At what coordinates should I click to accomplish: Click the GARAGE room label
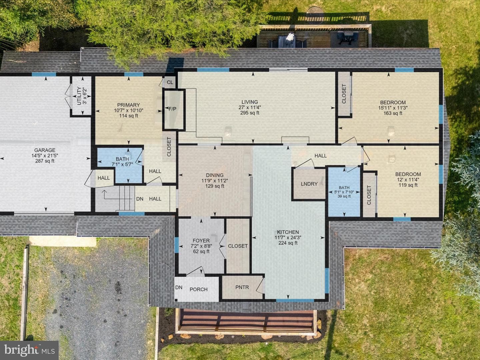(x=45, y=150)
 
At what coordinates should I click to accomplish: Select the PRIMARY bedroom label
(x=128, y=105)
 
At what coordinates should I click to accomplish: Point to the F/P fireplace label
(x=172, y=109)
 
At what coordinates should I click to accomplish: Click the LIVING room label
(x=250, y=102)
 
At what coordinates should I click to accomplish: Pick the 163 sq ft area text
(x=393, y=113)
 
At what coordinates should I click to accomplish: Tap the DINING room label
(x=215, y=175)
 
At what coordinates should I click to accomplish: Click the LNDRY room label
(x=309, y=184)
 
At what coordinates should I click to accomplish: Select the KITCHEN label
(x=288, y=232)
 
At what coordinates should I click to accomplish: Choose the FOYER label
(x=201, y=241)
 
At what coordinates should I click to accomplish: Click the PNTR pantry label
(x=242, y=287)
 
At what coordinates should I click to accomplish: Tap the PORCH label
(x=199, y=289)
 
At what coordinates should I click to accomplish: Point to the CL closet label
(x=170, y=82)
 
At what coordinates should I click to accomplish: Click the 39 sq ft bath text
(x=344, y=196)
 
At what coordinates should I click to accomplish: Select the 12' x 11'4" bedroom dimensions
(x=408, y=180)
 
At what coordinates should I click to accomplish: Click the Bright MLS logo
(x=29, y=350)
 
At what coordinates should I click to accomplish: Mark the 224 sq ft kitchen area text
(x=288, y=243)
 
